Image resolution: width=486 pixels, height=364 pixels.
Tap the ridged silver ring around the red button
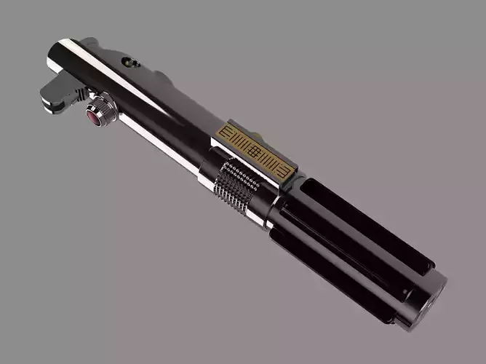[105, 109]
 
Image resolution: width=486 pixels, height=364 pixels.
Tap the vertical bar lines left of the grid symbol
[244, 142]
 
